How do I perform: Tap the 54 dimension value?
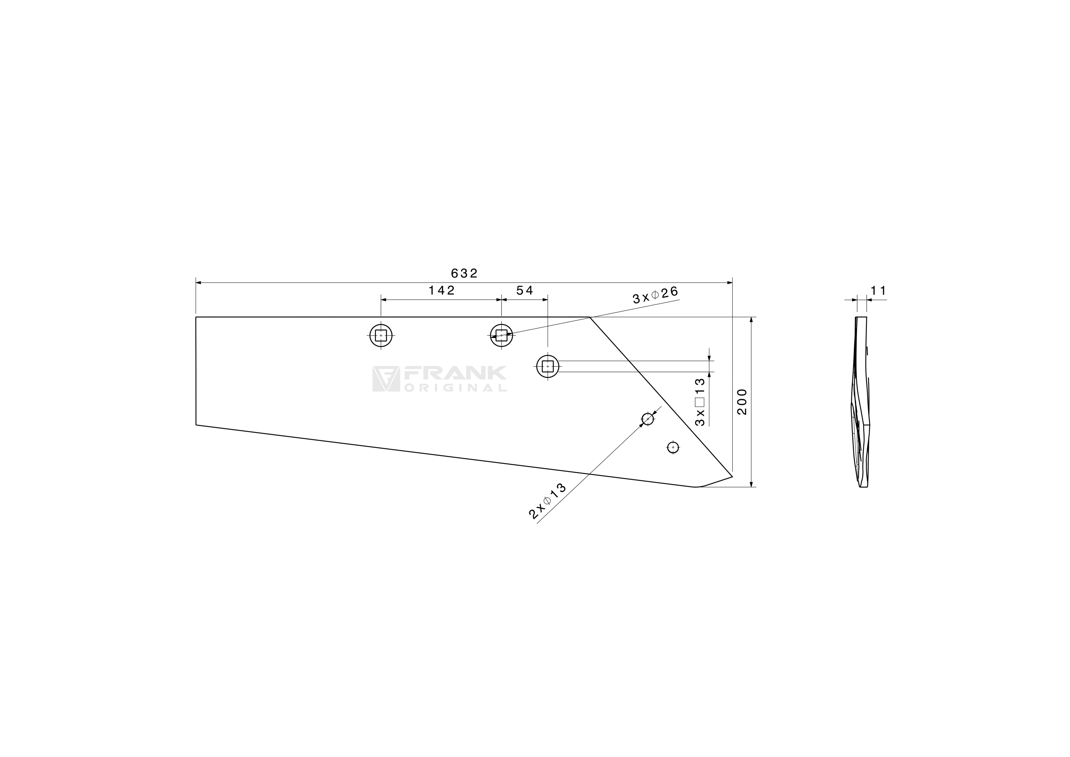(525, 291)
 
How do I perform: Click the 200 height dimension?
(742, 402)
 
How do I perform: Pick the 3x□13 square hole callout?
(700, 402)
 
